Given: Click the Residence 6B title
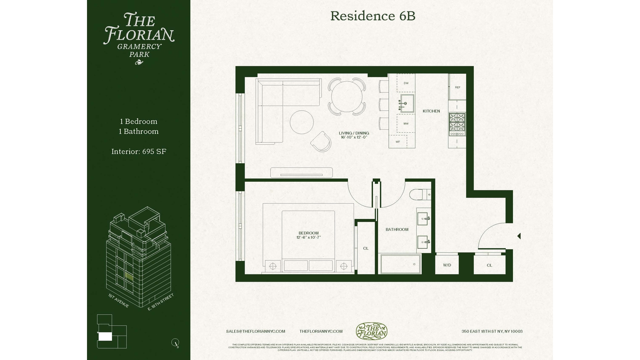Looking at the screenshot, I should [x=373, y=16].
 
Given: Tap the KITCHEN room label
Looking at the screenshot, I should [x=431, y=111].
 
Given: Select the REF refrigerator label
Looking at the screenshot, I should [x=457, y=87].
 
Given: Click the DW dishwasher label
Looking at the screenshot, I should [x=406, y=83].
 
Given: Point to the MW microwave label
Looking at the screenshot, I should [x=406, y=124].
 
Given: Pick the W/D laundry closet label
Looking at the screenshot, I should [x=447, y=265].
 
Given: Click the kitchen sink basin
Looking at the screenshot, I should [x=407, y=103].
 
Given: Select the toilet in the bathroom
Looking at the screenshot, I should [x=418, y=194].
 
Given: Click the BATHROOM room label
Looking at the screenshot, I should [x=397, y=229].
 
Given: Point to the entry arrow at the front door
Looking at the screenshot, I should [x=519, y=236].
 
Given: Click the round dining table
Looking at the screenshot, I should [x=347, y=97].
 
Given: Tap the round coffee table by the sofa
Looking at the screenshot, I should [x=302, y=122].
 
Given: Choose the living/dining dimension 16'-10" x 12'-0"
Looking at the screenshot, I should [x=354, y=137].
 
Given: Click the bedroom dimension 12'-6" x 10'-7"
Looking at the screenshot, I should [x=308, y=237].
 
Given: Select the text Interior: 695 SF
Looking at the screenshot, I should [x=139, y=152].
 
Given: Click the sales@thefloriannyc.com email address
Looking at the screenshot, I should [x=255, y=331].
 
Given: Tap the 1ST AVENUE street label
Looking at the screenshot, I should [x=118, y=301].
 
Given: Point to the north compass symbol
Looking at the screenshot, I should [x=175, y=342].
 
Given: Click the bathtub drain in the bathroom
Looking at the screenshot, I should [x=414, y=264].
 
